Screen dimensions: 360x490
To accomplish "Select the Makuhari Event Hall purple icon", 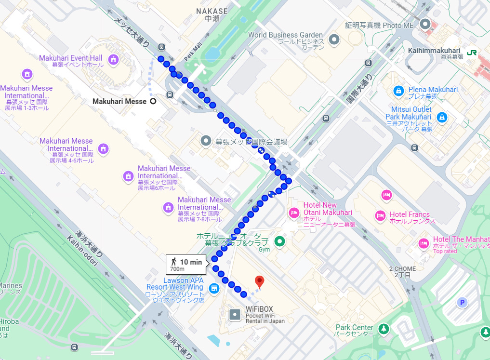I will point(113,59).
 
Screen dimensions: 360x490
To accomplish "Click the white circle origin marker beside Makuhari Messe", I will point(153,101).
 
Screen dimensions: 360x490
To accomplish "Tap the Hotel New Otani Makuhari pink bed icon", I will point(293,212).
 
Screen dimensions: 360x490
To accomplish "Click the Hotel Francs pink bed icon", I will point(380,214).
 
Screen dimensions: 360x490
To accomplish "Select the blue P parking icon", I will point(462,302).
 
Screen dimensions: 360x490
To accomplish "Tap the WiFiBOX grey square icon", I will point(235,315).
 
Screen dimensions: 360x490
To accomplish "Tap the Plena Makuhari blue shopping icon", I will point(398,90).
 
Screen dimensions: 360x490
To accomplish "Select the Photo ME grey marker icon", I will point(425,24).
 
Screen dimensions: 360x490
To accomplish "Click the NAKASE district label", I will point(211,11).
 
